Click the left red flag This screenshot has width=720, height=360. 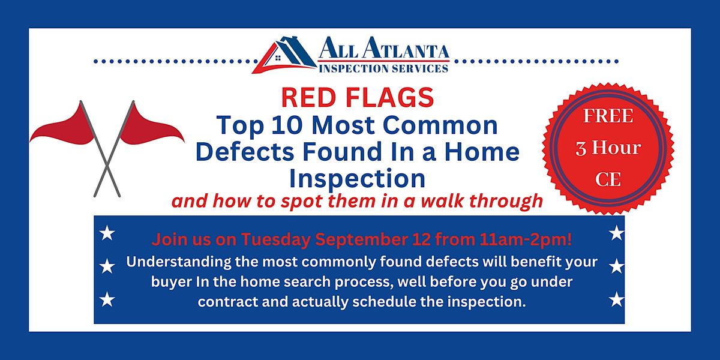point(63,127)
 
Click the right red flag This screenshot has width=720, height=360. point(152,126)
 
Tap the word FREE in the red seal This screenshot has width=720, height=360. point(608,116)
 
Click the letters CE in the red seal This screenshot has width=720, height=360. point(608,179)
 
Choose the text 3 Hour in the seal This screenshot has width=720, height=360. point(608,148)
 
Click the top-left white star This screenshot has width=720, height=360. point(107,233)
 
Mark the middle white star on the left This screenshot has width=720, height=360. point(107,265)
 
